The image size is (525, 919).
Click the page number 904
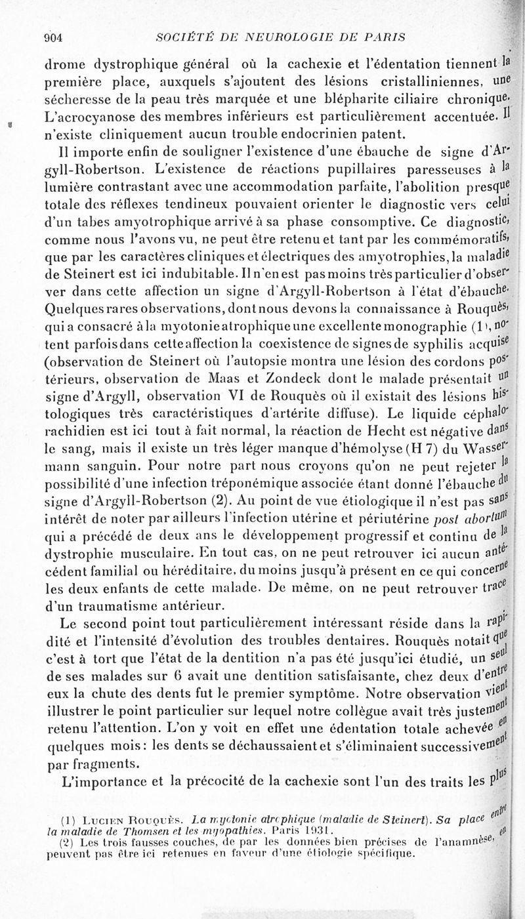click(52, 37)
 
